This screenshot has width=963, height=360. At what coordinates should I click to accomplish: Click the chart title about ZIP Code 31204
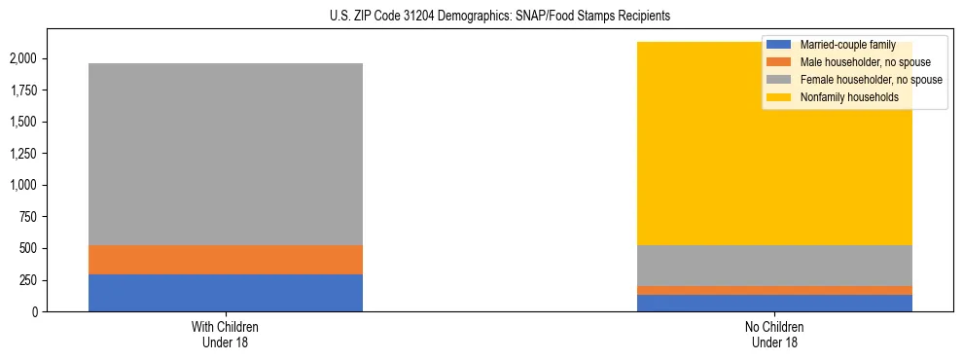pyautogui.click(x=482, y=17)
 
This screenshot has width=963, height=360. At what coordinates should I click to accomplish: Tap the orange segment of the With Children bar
pyautogui.click(x=226, y=260)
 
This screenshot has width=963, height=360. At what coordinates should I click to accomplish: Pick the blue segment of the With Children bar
pyautogui.click(x=226, y=293)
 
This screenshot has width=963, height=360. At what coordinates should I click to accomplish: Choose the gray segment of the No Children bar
pyautogui.click(x=775, y=266)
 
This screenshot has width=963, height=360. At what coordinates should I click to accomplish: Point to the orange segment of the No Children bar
pyautogui.click(x=775, y=290)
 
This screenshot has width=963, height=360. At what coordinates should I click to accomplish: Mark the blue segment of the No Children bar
pyautogui.click(x=775, y=303)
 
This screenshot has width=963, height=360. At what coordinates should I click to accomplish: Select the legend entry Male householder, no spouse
pyautogui.click(x=865, y=62)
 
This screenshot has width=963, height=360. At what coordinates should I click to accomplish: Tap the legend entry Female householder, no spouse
pyautogui.click(x=871, y=80)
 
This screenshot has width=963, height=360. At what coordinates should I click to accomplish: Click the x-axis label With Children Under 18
pyautogui.click(x=226, y=335)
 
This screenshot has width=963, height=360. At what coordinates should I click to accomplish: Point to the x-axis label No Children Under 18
pyautogui.click(x=775, y=335)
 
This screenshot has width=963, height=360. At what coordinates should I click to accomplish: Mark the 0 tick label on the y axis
pyautogui.click(x=36, y=311)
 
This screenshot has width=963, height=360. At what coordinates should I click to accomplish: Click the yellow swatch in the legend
pyautogui.click(x=779, y=97)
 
